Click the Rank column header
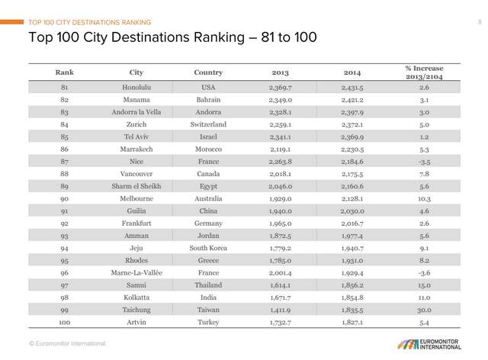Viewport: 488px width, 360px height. pyautogui.click(x=64, y=73)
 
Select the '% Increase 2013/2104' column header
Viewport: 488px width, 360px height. pyautogui.click(x=424, y=73)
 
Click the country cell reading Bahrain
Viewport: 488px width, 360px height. pyautogui.click(x=208, y=100)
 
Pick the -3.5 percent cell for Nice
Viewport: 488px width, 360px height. pyautogui.click(x=424, y=162)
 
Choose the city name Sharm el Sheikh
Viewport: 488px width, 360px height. pyautogui.click(x=136, y=186)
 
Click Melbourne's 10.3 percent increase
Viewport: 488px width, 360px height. pyautogui.click(x=424, y=198)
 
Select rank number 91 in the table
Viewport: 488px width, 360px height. pyautogui.click(x=64, y=211)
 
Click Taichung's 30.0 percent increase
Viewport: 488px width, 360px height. pyautogui.click(x=424, y=310)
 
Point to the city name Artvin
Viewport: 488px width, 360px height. pyautogui.click(x=136, y=322)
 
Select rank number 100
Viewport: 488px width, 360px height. pyautogui.click(x=64, y=322)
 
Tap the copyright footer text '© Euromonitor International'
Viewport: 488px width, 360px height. pyautogui.click(x=67, y=344)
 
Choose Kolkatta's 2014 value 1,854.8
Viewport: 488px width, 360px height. pyautogui.click(x=352, y=297)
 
